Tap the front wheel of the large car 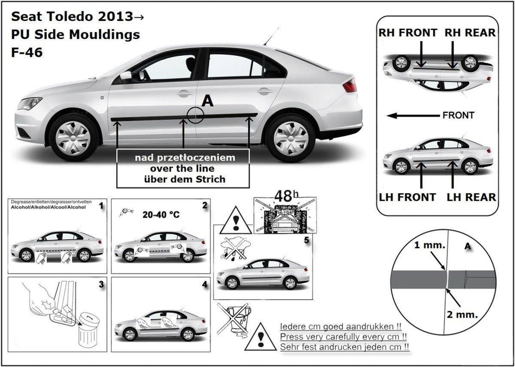point(73,137)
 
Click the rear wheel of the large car point(291,137)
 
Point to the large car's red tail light point(349,85)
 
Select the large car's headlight point(29,103)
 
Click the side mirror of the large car point(126,77)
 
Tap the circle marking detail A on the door point(195,115)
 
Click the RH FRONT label point(408,33)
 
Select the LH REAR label point(471,197)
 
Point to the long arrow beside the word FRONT point(412,115)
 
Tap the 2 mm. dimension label point(462,314)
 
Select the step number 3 point(101,284)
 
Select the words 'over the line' point(182,168)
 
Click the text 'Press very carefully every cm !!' point(343,336)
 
